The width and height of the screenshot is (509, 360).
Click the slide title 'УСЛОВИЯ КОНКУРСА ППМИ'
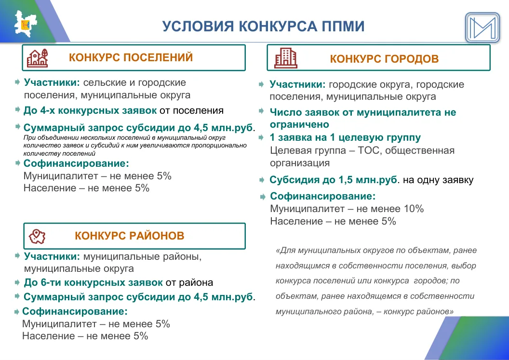(x=263, y=27)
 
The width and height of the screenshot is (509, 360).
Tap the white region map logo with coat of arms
(x=26, y=24)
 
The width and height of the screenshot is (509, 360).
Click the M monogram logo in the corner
(x=482, y=27)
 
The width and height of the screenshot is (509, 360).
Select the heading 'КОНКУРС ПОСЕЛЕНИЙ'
(x=131, y=57)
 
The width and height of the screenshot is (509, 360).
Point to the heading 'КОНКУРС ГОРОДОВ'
(x=384, y=59)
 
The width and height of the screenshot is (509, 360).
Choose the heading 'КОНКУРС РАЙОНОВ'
(x=130, y=236)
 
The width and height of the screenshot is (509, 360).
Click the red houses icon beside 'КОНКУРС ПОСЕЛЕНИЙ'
(x=37, y=58)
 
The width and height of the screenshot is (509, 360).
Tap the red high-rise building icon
(x=286, y=58)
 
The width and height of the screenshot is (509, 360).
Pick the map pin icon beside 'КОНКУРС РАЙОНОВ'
(x=37, y=236)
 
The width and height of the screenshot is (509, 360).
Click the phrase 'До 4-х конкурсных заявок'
(x=90, y=111)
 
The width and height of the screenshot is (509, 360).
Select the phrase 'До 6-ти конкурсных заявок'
(x=94, y=282)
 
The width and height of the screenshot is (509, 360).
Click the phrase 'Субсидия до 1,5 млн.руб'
(x=334, y=180)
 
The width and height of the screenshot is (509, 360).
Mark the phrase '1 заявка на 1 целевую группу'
(x=346, y=138)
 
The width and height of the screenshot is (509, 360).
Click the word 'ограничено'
(x=300, y=125)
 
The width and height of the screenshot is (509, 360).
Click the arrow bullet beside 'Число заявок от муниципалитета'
(x=261, y=111)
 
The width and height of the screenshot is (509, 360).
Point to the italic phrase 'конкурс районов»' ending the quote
(x=418, y=312)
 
